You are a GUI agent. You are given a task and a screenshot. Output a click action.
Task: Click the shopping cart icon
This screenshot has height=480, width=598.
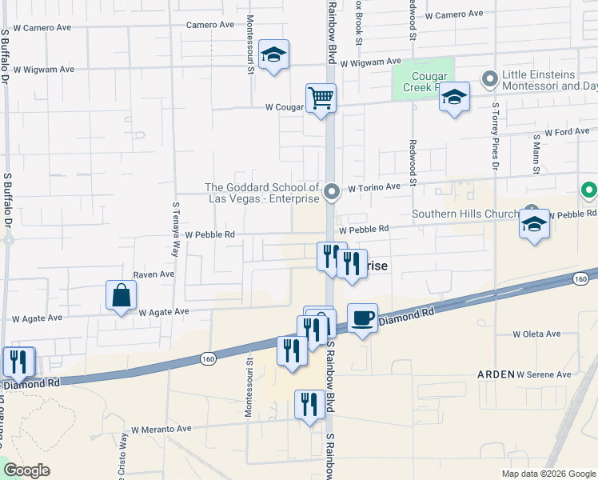(x=321, y=98)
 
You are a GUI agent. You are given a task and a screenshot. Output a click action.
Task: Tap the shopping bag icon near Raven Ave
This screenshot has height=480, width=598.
(x=121, y=294)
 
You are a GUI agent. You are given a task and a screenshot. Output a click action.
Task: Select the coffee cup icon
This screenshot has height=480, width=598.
(x=363, y=318)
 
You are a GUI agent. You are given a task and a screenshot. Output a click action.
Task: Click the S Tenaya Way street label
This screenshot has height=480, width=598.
(x=176, y=227)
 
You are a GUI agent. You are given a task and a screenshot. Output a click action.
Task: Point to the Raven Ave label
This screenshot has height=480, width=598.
(x=153, y=274)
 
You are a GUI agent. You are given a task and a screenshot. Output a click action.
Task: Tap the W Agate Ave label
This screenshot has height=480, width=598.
(x=164, y=312)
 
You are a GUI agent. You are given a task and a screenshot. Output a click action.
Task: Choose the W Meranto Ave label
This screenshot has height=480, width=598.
(x=161, y=429)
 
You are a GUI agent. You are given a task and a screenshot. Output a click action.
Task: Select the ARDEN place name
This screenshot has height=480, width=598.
(x=495, y=374)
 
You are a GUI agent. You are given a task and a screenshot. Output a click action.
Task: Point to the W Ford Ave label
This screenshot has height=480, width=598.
(x=567, y=132)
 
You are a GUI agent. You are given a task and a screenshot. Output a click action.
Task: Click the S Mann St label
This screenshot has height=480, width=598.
(x=536, y=153)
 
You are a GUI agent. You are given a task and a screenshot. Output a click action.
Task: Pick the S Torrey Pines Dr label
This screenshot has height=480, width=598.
(x=496, y=137)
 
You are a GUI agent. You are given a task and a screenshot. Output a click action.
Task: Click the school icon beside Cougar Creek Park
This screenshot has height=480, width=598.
(x=454, y=97)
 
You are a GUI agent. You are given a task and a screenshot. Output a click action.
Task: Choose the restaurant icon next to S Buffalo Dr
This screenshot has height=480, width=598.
(x=18, y=362)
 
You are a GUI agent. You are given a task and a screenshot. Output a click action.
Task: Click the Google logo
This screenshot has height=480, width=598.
(x=26, y=470)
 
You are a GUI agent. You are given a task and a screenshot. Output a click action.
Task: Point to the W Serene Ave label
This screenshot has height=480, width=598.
(x=544, y=374)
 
